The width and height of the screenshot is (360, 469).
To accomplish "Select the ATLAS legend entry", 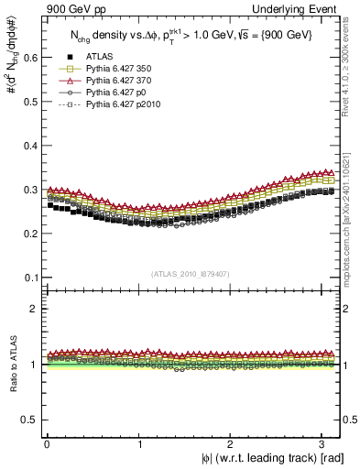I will pyautogui.click(x=99, y=57).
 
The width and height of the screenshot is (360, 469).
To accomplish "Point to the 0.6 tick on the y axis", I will pyautogui.click(x=28, y=57).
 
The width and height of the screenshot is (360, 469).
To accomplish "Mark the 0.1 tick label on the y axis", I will pyautogui.click(x=28, y=278).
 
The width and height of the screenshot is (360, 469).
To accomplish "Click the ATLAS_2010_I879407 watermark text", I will pyautogui.click(x=191, y=273).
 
